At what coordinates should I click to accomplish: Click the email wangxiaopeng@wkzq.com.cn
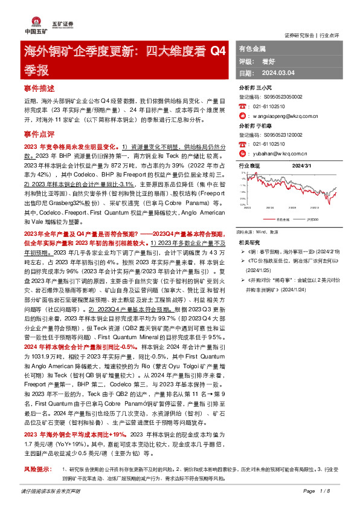(x=281, y=115)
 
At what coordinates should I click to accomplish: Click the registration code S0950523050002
(x=282, y=97)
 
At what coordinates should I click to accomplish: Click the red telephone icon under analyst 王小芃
(x=242, y=106)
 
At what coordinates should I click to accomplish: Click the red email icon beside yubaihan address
(x=242, y=153)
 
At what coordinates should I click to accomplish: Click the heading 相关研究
(x=249, y=241)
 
